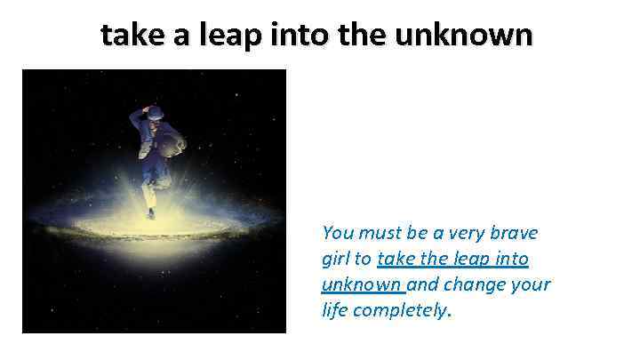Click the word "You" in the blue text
[338, 233]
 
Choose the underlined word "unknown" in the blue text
[361, 285]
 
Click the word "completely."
[403, 312]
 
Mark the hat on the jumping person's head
[153, 111]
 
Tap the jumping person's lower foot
[151, 214]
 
